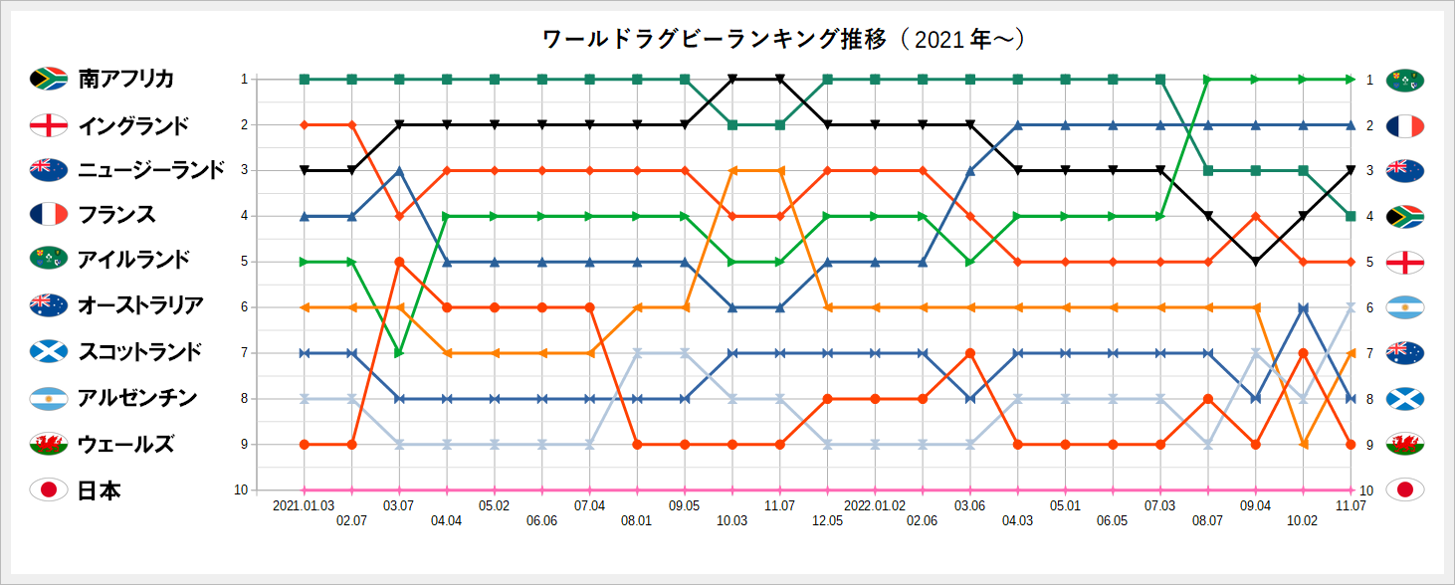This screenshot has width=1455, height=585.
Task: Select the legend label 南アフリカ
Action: (126, 79)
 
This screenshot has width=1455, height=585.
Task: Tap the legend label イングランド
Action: (134, 125)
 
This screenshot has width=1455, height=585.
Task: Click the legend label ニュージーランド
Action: (151, 170)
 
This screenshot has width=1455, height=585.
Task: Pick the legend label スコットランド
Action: (140, 352)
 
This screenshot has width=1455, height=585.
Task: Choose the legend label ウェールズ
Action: (126, 444)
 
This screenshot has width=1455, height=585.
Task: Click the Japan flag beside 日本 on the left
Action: (48, 489)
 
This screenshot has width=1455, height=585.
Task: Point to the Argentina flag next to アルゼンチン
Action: (48, 398)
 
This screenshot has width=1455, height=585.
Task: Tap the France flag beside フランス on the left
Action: (48, 215)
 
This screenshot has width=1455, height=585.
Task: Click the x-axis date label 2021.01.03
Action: (304, 506)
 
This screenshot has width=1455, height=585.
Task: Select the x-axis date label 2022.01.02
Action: (875, 506)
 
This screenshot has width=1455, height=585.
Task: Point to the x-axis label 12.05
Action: (827, 520)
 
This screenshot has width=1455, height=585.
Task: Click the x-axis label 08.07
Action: (1207, 520)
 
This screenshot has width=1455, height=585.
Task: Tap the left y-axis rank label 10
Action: (241, 489)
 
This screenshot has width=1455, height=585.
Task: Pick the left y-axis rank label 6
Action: (243, 307)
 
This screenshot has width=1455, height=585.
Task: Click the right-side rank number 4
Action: (1369, 216)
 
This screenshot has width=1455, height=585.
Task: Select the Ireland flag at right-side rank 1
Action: (1404, 80)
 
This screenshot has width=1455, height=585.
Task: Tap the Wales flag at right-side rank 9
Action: (1404, 444)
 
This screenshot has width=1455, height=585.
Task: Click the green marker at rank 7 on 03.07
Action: (399, 353)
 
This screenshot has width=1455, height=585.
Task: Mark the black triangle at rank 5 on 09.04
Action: (1255, 262)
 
